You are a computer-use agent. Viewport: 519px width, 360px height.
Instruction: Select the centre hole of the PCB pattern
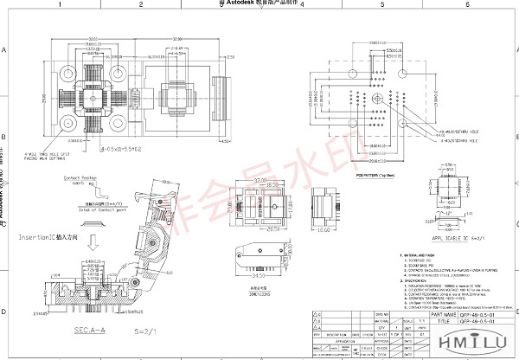tap(377, 112)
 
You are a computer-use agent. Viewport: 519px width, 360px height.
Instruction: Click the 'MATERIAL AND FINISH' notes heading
tap(418, 256)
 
